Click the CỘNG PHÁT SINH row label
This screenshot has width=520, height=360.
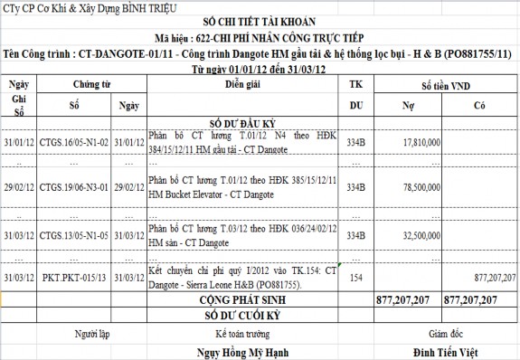(x=241, y=298)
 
